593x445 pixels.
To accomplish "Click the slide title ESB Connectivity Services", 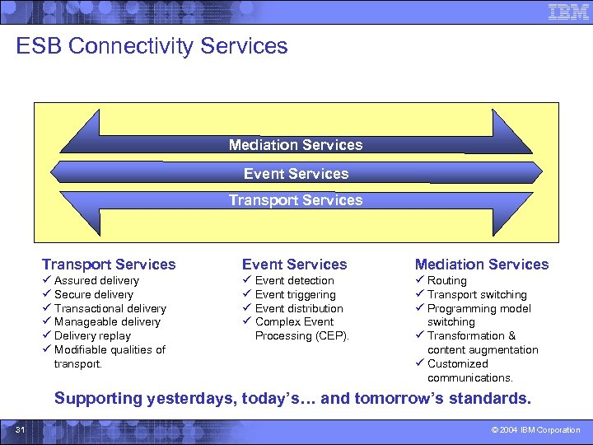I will (x=152, y=46).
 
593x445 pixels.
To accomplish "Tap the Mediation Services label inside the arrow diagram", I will (x=296, y=145).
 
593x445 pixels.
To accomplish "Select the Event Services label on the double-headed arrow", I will (x=296, y=174).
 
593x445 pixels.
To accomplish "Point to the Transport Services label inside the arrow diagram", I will (x=296, y=200).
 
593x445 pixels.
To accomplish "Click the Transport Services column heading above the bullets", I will (x=109, y=265).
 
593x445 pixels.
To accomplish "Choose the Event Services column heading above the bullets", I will (x=294, y=265).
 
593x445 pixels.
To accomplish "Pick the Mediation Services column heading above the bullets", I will (x=481, y=265).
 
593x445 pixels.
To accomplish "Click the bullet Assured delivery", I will (x=96, y=281).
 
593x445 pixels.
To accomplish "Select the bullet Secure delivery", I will (x=93, y=295).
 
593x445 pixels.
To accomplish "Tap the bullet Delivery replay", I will (x=92, y=336).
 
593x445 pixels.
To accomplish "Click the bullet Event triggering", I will (x=295, y=295).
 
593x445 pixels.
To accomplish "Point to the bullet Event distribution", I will (x=299, y=309).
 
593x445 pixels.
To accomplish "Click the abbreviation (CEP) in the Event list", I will (x=332, y=336).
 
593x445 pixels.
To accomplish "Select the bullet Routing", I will (x=446, y=281).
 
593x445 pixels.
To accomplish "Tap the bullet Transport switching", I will (x=477, y=295).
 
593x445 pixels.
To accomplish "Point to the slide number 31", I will (x=21, y=430).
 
